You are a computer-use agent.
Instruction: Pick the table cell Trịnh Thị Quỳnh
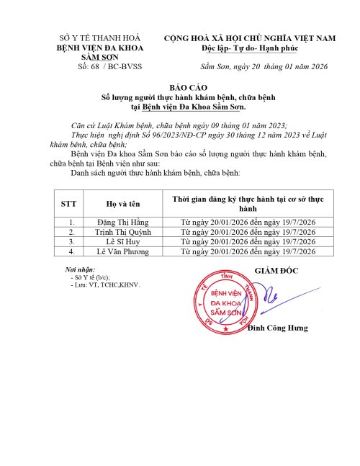(x=120, y=233)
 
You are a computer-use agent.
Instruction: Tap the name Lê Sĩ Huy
(x=120, y=242)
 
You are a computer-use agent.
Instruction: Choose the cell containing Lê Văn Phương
(x=120, y=251)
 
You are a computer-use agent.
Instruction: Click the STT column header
(x=71, y=204)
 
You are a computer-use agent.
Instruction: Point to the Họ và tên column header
(x=120, y=204)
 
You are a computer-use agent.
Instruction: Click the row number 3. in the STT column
(x=71, y=242)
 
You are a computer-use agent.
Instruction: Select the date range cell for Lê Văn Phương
(x=248, y=251)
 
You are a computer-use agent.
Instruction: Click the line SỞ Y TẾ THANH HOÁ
(x=101, y=37)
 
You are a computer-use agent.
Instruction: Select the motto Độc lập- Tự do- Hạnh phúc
(x=251, y=48)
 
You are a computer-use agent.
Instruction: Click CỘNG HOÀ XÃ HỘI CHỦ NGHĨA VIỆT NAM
(x=251, y=37)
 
